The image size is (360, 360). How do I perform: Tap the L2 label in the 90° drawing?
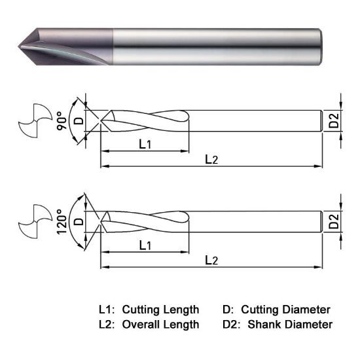tap(211, 160)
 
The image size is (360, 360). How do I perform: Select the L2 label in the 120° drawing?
tap(211, 260)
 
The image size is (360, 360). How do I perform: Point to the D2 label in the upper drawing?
tap(334, 121)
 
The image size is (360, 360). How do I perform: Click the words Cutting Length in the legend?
tap(160, 309)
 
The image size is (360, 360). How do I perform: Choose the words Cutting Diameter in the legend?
tap(285, 309)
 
